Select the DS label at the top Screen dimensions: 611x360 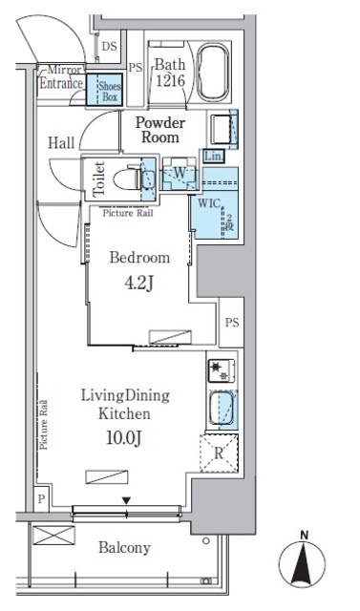pyautogui.click(x=110, y=46)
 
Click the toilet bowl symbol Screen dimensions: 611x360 pyautogui.click(x=127, y=178)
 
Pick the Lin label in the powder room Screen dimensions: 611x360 pyautogui.click(x=213, y=156)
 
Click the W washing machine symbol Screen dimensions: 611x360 pyautogui.click(x=179, y=174)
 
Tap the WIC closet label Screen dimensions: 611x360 pyautogui.click(x=209, y=202)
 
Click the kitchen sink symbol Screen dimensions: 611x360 pyautogui.click(x=222, y=411)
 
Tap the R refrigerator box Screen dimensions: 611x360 pyautogui.click(x=219, y=454)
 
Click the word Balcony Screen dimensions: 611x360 pyautogui.click(x=123, y=547)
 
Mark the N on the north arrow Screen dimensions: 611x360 pyautogui.click(x=303, y=535)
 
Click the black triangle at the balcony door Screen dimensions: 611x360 pyautogui.click(x=125, y=500)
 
